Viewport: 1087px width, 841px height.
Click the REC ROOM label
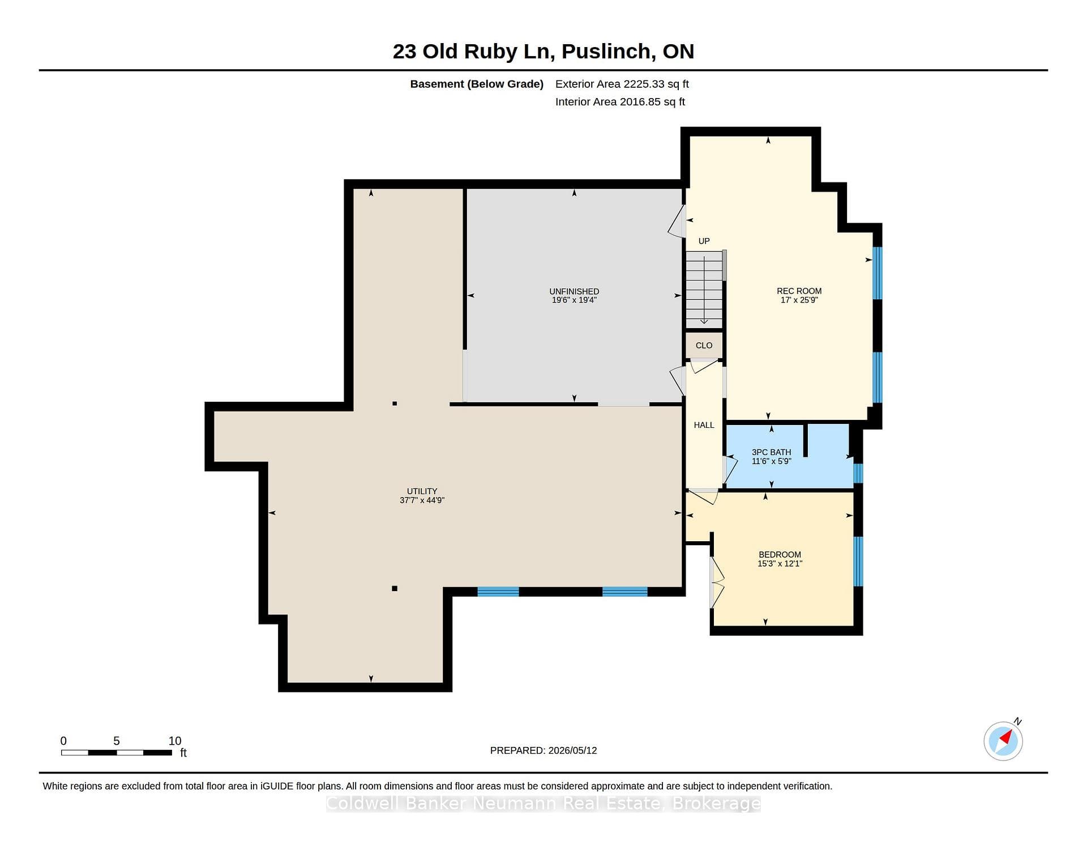(799, 291)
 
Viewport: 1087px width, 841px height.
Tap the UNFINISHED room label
(574, 291)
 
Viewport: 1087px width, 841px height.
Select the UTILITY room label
(422, 491)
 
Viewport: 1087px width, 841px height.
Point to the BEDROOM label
(780, 555)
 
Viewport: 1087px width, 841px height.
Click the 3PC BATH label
(771, 452)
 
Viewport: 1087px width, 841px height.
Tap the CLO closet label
(704, 346)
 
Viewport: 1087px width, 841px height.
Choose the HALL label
(704, 425)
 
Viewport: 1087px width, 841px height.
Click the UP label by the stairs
(704, 241)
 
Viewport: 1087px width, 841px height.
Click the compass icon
(1003, 741)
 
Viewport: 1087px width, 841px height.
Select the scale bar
(117, 753)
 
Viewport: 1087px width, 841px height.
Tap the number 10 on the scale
(175, 741)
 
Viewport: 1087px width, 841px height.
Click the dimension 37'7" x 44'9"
(422, 500)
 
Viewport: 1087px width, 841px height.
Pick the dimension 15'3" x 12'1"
(780, 564)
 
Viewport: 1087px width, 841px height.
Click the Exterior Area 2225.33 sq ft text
(622, 84)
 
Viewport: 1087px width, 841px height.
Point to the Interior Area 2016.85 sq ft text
(620, 102)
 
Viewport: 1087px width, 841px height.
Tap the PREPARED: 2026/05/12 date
(543, 750)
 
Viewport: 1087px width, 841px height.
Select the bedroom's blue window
(858, 561)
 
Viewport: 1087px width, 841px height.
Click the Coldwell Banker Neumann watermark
(543, 804)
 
